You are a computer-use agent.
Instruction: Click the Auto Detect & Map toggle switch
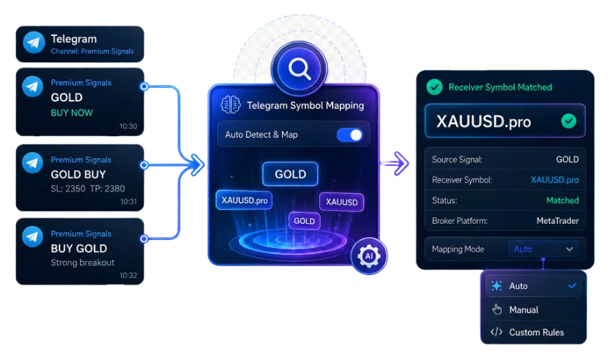350,135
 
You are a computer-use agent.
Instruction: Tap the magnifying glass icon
299,69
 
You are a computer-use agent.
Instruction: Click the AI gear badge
368,256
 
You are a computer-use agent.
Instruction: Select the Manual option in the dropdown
523,310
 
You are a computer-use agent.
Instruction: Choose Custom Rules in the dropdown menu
536,332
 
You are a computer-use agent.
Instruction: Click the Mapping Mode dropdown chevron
570,249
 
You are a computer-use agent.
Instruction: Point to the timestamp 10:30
128,126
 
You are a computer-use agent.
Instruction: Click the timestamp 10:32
128,275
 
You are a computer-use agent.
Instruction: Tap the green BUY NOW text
72,113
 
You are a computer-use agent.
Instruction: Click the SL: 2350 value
68,189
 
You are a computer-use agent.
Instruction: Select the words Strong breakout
83,263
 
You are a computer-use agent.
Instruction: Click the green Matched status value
563,200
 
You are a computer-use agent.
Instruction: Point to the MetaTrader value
558,221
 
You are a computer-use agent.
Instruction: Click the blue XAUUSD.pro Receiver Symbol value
554,180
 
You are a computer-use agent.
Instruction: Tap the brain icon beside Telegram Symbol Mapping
230,105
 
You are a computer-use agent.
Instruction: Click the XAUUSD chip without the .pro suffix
341,202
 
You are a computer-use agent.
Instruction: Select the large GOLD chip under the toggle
290,174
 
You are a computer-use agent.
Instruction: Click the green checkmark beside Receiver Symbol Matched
434,87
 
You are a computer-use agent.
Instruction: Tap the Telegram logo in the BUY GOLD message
32,236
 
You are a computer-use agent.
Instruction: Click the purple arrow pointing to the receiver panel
395,164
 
